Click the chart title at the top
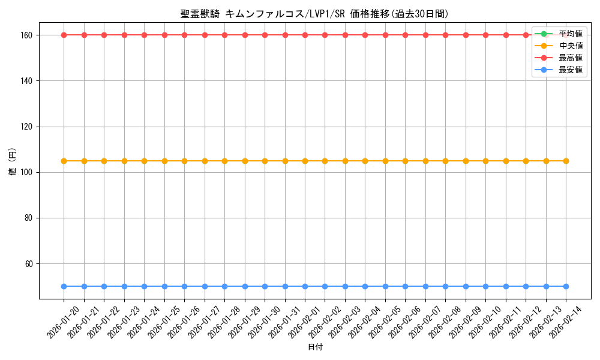(314, 14)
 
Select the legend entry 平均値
(571, 34)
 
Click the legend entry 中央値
(571, 46)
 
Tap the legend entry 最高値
(571, 58)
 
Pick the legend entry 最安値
(571, 70)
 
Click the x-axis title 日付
(315, 347)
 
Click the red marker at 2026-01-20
(64, 35)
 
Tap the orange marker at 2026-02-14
(566, 161)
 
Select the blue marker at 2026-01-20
(64, 286)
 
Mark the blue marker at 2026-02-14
(566, 286)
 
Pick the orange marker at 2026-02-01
(305, 161)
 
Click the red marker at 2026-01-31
(285, 35)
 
